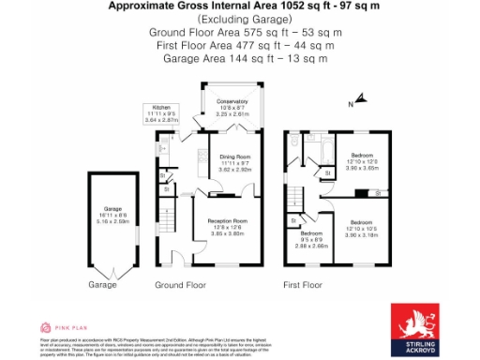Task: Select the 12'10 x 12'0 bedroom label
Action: (x=362, y=159)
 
